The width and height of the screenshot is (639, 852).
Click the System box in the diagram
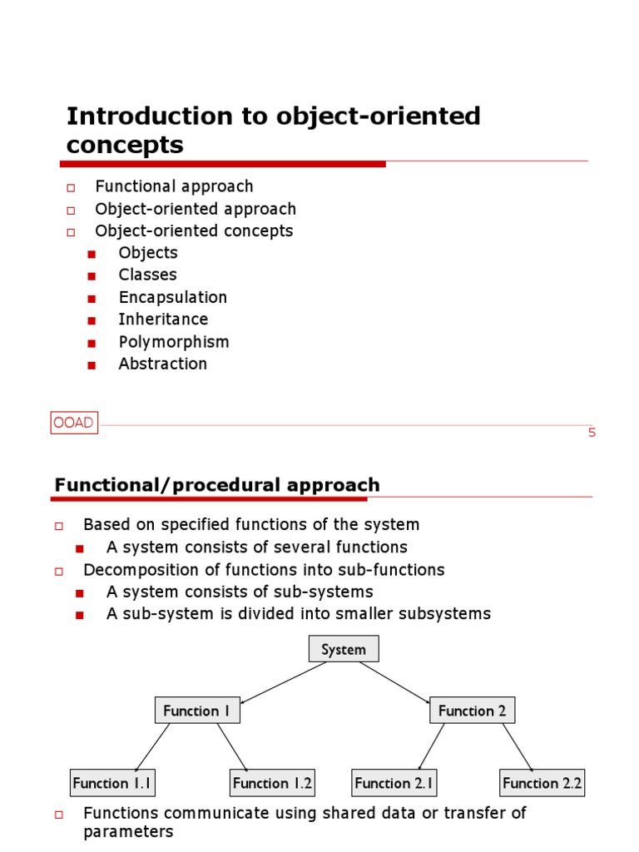point(344,649)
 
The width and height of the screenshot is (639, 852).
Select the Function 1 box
point(197,711)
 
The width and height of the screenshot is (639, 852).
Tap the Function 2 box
point(472,711)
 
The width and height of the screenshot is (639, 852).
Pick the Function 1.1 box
point(112,783)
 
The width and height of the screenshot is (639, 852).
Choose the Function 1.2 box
point(272,783)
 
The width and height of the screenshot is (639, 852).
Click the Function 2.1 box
point(394,783)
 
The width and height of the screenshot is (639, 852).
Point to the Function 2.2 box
point(542,783)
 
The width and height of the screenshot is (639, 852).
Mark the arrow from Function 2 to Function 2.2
point(517,746)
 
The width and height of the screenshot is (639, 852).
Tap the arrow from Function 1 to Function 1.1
point(153,746)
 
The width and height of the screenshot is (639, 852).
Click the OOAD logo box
point(73,423)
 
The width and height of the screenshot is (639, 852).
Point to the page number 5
point(592,433)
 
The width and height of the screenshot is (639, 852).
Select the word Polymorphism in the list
point(174,342)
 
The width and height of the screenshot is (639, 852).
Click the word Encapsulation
point(172,297)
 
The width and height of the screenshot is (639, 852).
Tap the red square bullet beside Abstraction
point(92,364)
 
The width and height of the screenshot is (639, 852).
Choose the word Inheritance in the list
point(163,319)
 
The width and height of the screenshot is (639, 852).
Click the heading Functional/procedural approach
point(217,485)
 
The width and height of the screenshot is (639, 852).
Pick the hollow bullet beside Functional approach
point(71,187)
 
